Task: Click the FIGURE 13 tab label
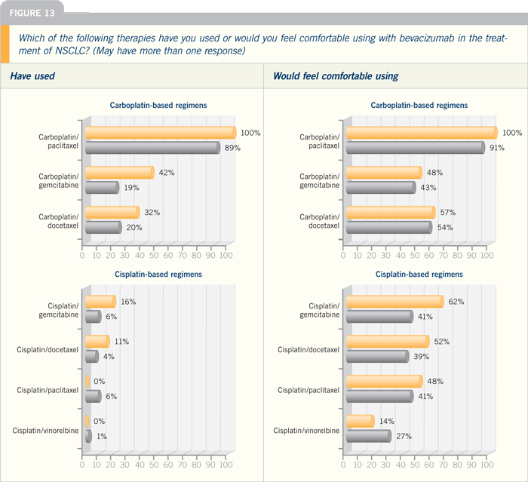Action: (x=32, y=13)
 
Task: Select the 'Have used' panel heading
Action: (x=32, y=75)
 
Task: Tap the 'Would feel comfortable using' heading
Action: (x=336, y=76)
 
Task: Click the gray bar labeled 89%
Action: (x=152, y=148)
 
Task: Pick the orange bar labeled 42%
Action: (x=119, y=173)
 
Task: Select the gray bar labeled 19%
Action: (x=102, y=187)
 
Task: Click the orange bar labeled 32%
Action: (x=112, y=212)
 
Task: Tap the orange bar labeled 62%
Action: (x=395, y=302)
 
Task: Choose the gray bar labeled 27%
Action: (x=369, y=436)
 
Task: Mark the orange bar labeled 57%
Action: (x=391, y=212)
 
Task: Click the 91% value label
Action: (x=496, y=148)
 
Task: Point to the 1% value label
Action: (x=102, y=436)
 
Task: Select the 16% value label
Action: (x=128, y=302)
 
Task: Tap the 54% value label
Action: (x=445, y=227)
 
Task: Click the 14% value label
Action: (x=386, y=421)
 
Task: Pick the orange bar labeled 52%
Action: (x=388, y=341)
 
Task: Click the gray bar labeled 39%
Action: (x=377, y=356)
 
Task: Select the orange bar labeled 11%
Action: (x=97, y=341)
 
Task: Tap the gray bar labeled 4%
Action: (x=92, y=356)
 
